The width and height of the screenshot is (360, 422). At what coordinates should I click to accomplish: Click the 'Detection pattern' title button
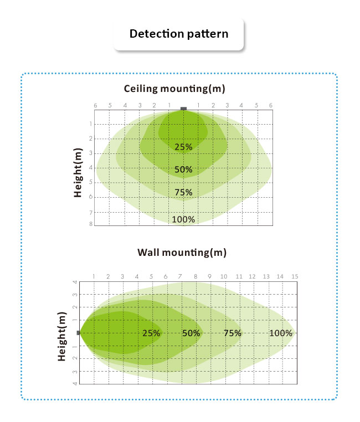pos(178,34)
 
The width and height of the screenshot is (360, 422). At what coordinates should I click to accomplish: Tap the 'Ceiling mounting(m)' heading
pos(174,89)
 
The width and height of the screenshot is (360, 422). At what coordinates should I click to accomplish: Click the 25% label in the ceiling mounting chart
pos(183,147)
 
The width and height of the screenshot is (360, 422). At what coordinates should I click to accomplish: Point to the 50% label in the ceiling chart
pos(183,169)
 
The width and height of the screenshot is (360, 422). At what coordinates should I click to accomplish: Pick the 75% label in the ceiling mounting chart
pos(183,193)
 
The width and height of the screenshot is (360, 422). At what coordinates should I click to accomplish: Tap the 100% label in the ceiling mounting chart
pos(183,219)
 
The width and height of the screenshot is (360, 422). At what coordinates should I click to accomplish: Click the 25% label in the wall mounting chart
pos(151,333)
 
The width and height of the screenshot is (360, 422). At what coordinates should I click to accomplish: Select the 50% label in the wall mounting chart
pos(191,333)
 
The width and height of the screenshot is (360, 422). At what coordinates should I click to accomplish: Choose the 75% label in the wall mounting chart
pos(233,333)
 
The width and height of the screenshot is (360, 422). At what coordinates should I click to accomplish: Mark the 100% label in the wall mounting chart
pos(280,333)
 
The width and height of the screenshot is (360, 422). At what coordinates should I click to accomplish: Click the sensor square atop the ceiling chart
pos(184,109)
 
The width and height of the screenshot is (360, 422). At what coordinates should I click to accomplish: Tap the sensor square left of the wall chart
pos(79,333)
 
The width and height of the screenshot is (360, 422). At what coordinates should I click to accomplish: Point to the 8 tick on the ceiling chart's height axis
pos(90,224)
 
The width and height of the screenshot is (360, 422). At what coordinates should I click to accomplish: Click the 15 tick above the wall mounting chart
pos(295,276)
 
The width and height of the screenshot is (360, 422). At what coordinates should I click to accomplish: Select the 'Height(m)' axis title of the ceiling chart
pos(79,173)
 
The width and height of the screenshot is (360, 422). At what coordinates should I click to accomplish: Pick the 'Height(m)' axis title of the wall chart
pos(62,336)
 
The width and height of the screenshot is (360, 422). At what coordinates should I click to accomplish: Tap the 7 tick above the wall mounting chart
pos(180,276)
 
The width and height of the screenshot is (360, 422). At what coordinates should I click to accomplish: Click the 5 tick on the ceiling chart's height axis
pos(90,182)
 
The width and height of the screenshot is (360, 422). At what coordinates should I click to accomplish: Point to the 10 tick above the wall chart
pos(224,276)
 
